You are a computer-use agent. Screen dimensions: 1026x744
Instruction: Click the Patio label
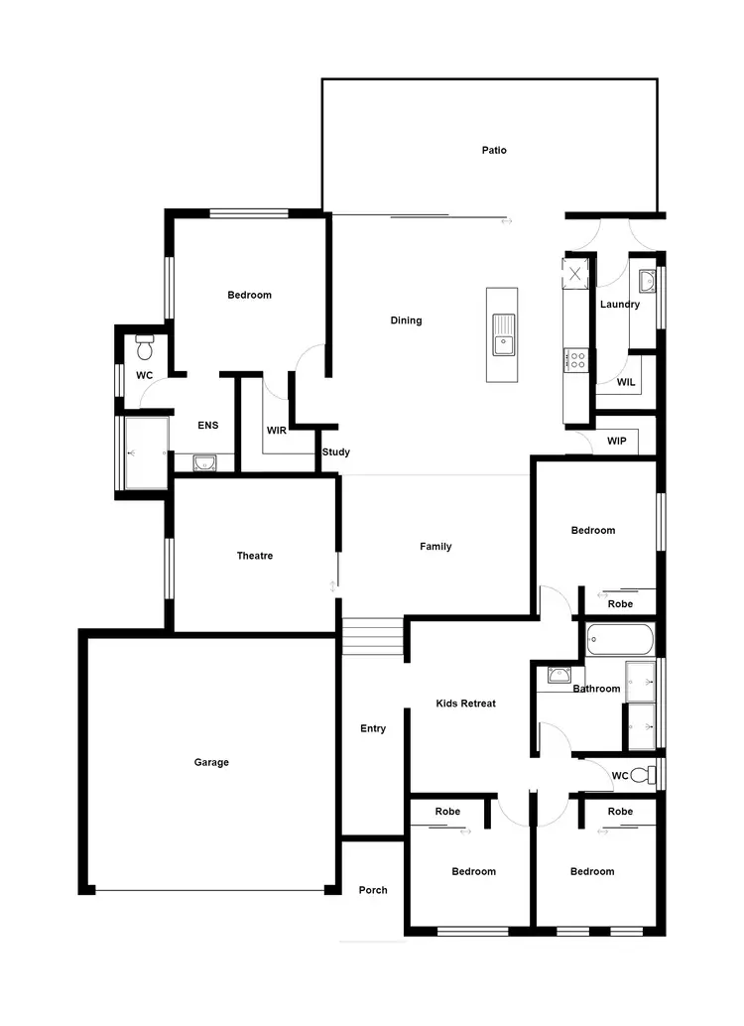[x=494, y=151]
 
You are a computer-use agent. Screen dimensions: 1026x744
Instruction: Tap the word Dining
[x=406, y=321]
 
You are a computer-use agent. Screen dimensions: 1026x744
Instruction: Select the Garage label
[x=211, y=763]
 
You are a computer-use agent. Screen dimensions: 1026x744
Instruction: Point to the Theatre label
[x=255, y=557]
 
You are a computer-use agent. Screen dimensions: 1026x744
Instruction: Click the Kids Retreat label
[x=465, y=704]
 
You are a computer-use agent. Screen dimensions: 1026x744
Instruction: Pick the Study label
[x=336, y=452]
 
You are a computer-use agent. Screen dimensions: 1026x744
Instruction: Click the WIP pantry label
[x=615, y=440]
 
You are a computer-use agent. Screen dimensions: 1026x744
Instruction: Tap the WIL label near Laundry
[x=626, y=382]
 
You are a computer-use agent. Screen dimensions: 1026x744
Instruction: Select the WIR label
[x=277, y=431]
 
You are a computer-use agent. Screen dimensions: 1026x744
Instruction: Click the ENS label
[x=207, y=426]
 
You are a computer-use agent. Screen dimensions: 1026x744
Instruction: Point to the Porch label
[x=373, y=890]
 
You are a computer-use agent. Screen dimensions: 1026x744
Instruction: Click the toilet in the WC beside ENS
[x=145, y=348]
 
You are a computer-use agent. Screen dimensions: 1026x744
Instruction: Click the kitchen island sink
[x=503, y=333]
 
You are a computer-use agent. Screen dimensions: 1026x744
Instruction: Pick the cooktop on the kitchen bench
[x=576, y=359]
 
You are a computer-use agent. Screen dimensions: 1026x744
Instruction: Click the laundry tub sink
[x=645, y=279]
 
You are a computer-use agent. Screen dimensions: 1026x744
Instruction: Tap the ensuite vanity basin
[x=204, y=461]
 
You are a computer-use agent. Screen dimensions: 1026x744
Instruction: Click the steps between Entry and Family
[x=372, y=636]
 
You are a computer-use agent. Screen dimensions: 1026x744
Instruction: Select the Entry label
[x=373, y=729]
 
